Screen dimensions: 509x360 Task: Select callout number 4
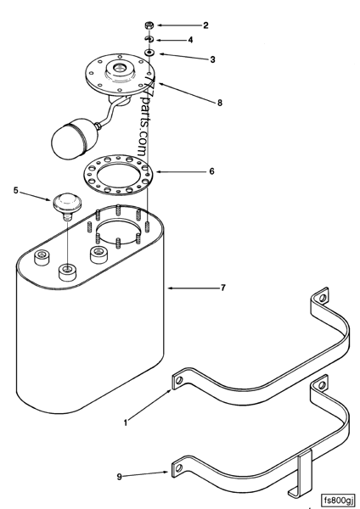click(x=190, y=40)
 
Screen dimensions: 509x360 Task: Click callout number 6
click(x=211, y=171)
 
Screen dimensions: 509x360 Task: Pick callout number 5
click(x=16, y=191)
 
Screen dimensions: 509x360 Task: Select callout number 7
click(x=222, y=288)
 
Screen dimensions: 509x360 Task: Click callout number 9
click(x=119, y=477)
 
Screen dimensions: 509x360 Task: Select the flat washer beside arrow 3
click(x=149, y=53)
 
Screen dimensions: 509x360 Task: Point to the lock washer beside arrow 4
click(x=148, y=39)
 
